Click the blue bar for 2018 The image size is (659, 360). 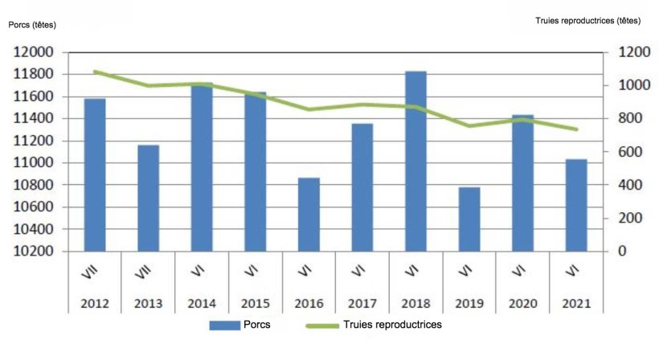[x=415, y=162]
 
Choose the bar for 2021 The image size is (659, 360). [x=576, y=206]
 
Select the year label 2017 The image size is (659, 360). [x=362, y=305]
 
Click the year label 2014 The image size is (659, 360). [x=202, y=305]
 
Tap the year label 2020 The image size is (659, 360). [x=523, y=305]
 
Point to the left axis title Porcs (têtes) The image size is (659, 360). [x=33, y=24]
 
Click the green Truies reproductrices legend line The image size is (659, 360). [x=321, y=325]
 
